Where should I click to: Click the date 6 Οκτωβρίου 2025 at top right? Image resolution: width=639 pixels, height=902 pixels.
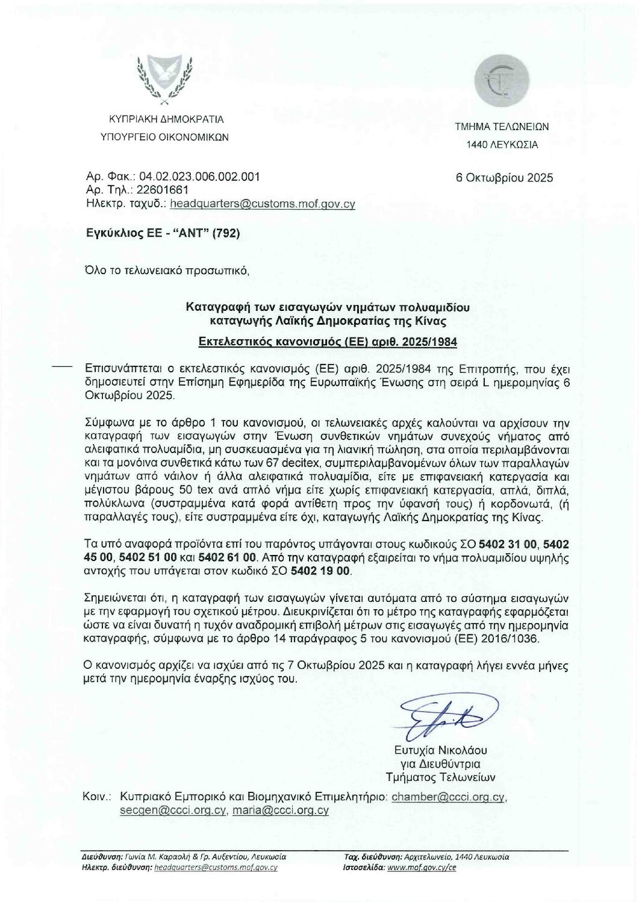tap(504, 178)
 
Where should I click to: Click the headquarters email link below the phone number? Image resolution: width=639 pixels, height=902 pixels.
tap(263, 204)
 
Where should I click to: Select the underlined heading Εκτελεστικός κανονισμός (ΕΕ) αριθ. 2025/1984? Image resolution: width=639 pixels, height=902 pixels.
tap(328, 342)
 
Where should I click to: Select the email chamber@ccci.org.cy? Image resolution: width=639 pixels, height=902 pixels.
tap(447, 797)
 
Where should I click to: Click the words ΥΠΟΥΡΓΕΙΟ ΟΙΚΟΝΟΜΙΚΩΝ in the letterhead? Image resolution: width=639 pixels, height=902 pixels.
tap(164, 137)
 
